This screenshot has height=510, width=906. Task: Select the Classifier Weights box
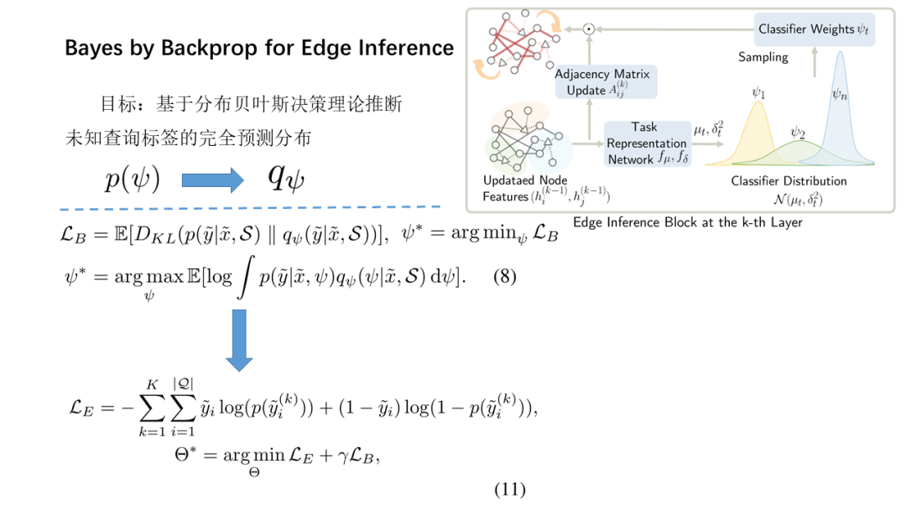click(813, 29)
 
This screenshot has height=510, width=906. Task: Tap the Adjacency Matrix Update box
click(604, 82)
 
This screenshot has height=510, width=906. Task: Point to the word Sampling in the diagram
click(763, 57)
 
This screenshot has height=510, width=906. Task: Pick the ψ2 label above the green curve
click(797, 133)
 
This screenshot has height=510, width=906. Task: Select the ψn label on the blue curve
click(839, 95)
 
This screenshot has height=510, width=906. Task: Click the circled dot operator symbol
click(589, 29)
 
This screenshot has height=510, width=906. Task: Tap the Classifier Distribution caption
click(789, 180)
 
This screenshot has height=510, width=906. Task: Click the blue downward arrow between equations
click(239, 340)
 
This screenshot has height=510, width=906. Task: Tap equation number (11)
click(509, 490)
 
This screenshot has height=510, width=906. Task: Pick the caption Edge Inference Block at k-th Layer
click(688, 222)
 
